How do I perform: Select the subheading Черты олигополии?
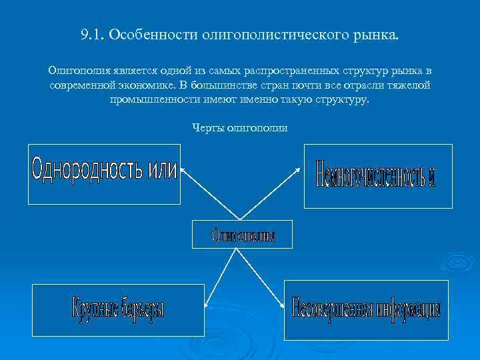click(x=239, y=128)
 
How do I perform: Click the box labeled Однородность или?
click(x=104, y=173)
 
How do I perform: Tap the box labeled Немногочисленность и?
click(x=377, y=175)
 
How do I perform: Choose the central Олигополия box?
click(x=243, y=234)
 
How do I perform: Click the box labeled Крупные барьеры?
click(x=118, y=309)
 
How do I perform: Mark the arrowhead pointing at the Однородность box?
click(x=183, y=169)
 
